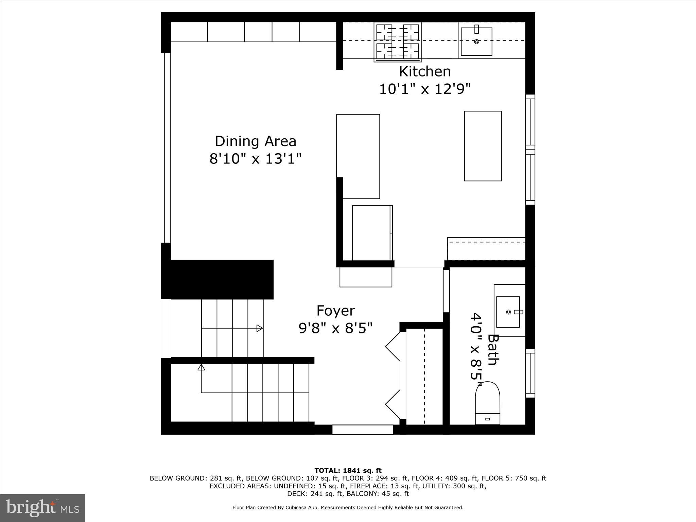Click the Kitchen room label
[424, 72]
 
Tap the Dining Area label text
[255, 141]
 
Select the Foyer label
[335, 311]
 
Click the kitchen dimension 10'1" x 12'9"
[424, 89]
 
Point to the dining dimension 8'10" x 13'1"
[255, 159]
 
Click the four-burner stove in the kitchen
[397, 42]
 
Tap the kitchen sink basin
[476, 42]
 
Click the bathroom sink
[508, 312]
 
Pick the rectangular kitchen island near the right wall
[483, 146]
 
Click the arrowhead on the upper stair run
[260, 328]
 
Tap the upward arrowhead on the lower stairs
[201, 367]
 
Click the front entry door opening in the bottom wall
[362, 430]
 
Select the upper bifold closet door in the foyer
[394, 347]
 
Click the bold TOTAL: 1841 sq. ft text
[348, 471]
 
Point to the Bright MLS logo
[42, 508]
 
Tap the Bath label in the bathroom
[493, 350]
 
